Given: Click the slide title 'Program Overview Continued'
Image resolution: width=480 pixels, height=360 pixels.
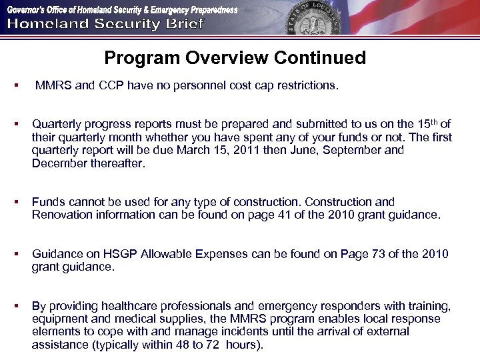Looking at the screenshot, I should point(235,58).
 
